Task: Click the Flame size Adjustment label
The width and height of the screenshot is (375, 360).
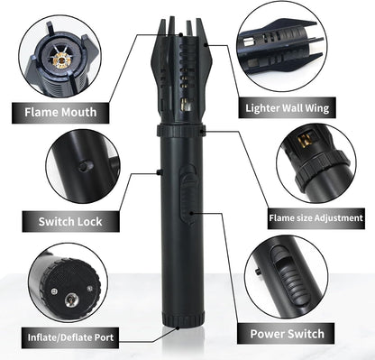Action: pyautogui.click(x=316, y=217)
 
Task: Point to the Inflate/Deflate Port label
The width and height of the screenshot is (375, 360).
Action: pyautogui.click(x=70, y=338)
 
